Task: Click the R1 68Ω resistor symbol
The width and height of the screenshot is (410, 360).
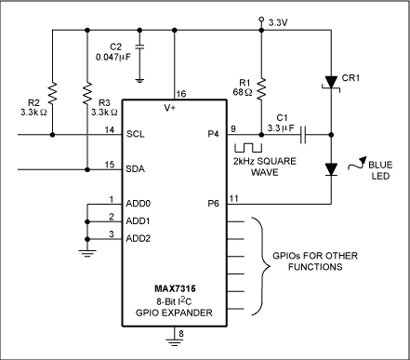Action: point(261,89)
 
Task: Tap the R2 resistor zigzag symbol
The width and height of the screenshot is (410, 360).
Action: point(53,93)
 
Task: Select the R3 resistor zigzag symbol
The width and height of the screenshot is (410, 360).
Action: point(87,93)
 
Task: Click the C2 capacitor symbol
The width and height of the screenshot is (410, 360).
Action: point(139,47)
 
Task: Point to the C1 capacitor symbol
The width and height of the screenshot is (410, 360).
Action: point(303,135)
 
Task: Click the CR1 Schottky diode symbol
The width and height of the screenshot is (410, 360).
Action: point(332,84)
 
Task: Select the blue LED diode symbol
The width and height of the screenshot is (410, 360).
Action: point(331,169)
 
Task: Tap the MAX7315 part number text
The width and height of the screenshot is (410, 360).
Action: point(175,288)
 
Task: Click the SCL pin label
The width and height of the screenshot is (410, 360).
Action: point(136,134)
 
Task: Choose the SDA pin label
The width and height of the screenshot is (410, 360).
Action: point(136,169)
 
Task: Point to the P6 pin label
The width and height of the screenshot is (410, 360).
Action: point(213,204)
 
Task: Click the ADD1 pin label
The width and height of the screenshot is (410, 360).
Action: point(139,221)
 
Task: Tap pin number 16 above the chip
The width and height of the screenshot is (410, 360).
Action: point(181,93)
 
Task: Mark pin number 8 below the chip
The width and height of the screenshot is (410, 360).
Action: point(181,334)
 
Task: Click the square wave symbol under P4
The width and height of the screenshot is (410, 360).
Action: point(248,148)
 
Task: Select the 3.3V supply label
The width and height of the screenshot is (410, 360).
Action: point(278,22)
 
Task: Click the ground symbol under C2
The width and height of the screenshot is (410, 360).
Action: point(139,81)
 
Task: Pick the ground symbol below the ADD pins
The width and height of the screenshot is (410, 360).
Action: point(87,254)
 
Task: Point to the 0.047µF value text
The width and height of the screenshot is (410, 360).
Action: point(113,57)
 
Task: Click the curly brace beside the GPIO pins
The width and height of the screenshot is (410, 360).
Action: point(259,266)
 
